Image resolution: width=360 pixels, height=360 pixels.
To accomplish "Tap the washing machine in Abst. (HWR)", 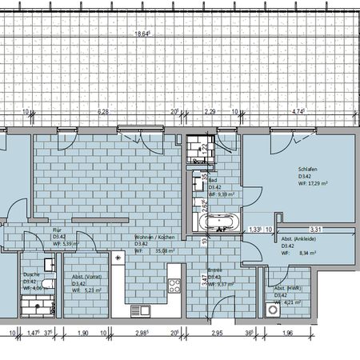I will [x=276, y=308].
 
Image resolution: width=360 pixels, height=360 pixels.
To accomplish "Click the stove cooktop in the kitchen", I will [x=173, y=285].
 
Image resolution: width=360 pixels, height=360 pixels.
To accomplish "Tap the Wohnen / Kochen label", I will [x=154, y=238].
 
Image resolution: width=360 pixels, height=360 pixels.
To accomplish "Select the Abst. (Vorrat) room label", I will [x=86, y=276].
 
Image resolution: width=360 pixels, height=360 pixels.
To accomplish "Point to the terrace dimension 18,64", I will [x=142, y=34].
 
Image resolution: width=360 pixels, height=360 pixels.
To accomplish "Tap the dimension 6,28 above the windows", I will [x=102, y=113].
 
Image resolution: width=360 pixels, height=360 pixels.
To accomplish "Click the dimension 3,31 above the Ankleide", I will [x=314, y=229].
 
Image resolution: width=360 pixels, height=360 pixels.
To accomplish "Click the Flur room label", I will [x=58, y=230].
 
